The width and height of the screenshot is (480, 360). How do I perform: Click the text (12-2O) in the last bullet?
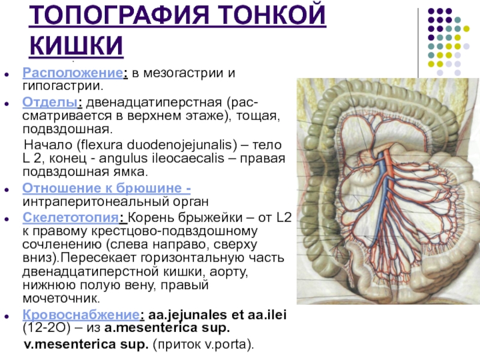(47, 329)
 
